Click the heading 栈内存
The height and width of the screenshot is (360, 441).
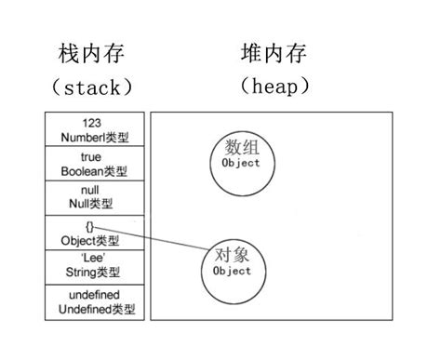click(91, 54)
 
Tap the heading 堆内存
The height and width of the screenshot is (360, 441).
click(274, 53)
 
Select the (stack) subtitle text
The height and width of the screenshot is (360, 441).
click(92, 88)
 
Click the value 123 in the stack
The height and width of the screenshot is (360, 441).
click(91, 123)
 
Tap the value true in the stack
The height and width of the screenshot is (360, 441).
click(91, 158)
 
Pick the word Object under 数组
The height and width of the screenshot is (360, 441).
click(241, 164)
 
